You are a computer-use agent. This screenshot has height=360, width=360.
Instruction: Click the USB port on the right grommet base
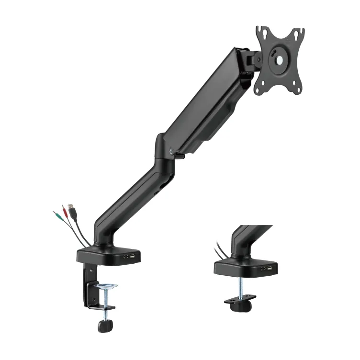coord(270,268)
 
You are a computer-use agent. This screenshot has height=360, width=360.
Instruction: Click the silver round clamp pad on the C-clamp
coord(106,286)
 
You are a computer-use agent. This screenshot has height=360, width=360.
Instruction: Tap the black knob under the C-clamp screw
coord(104,326)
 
